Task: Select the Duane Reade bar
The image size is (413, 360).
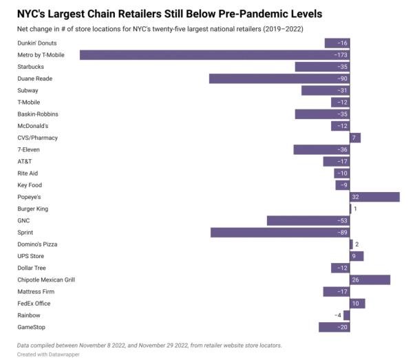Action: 279,78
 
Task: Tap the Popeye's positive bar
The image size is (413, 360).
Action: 375,197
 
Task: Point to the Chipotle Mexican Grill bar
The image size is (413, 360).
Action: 370,280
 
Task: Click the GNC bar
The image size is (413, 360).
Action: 308,221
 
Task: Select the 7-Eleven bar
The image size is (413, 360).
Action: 321,149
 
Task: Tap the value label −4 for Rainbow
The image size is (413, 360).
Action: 337,315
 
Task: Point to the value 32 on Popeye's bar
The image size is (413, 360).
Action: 356,197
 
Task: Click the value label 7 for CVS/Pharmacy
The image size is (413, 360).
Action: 354,138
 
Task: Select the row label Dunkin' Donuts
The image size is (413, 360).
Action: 38,43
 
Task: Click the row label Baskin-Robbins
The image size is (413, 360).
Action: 38,114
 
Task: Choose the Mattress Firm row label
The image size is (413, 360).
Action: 37,292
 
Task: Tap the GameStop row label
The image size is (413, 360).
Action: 32,327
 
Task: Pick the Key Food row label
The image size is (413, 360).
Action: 30,185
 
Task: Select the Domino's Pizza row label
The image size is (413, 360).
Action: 37,244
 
